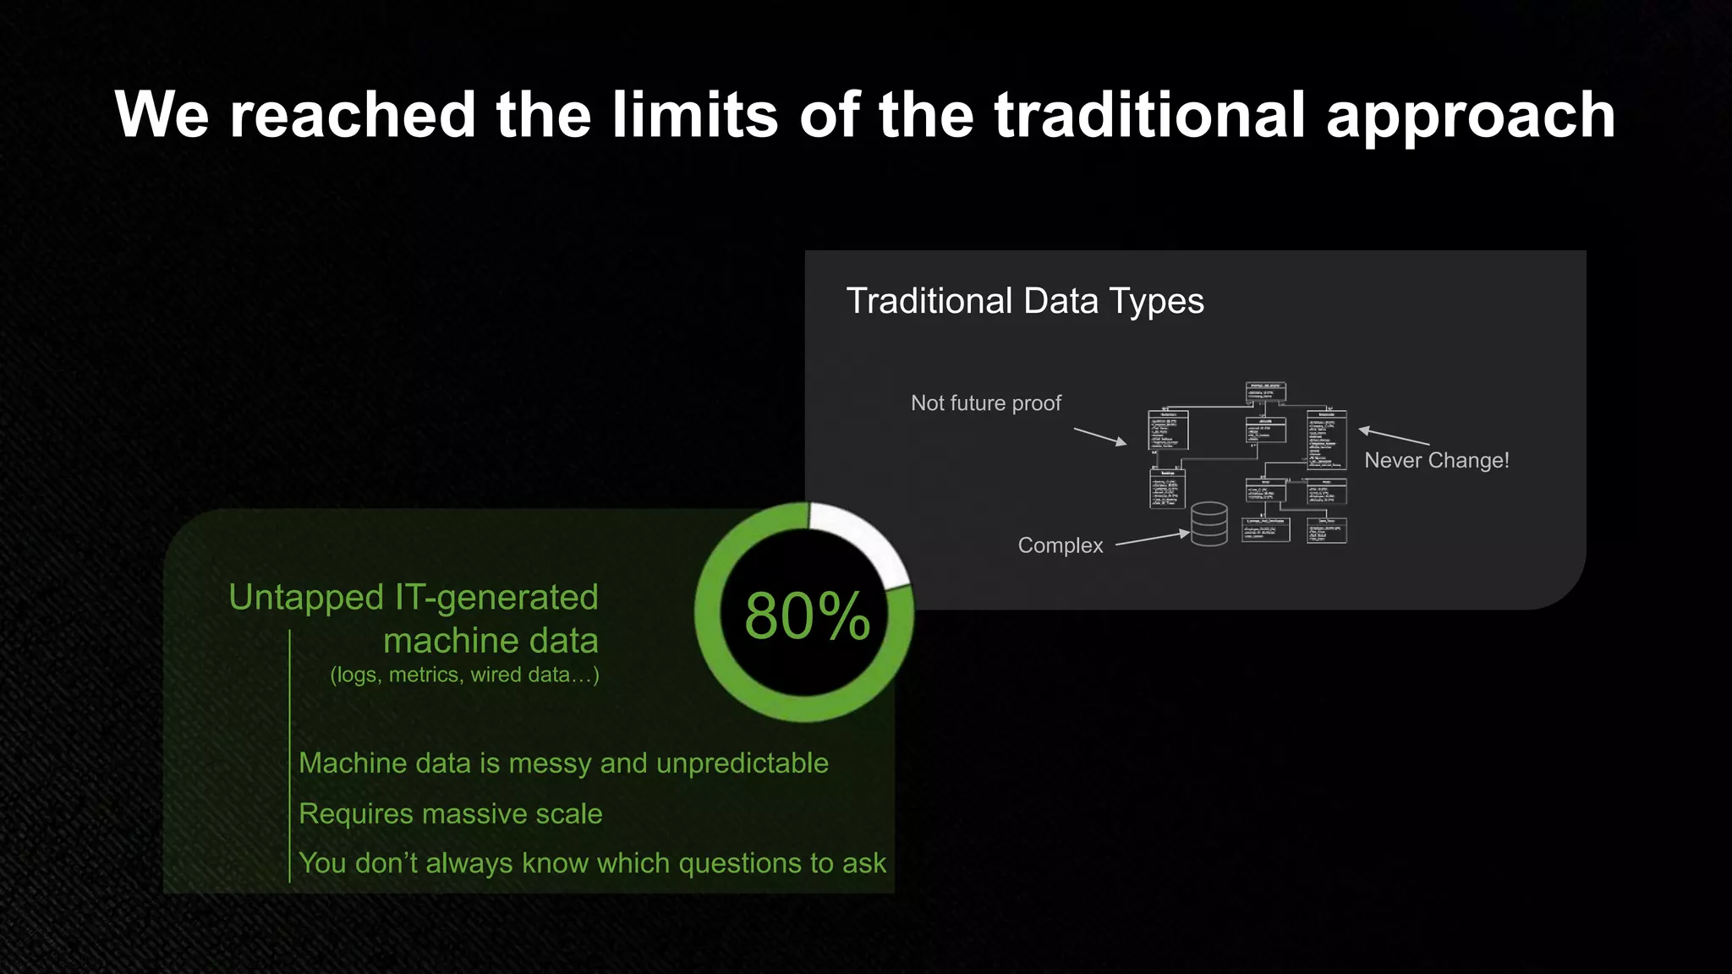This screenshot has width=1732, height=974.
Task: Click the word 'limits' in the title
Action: coord(694,115)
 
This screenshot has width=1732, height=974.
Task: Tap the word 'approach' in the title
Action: coord(1471,117)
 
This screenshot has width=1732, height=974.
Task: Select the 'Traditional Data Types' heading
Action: coord(1025,301)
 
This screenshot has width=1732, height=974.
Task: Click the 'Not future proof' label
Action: coord(985,403)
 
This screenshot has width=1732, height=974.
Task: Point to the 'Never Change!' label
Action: coord(1436,460)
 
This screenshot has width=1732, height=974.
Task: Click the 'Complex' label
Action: coord(1060,545)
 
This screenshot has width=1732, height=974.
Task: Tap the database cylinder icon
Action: coord(1209,524)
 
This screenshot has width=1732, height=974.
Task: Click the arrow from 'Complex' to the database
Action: coord(1152,539)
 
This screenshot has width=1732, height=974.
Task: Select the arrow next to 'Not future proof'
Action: coord(1099,436)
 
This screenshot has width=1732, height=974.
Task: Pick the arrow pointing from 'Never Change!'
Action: coord(1394,436)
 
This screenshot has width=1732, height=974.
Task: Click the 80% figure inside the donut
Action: coord(807,616)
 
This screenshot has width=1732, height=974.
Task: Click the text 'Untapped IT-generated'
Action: coord(414,597)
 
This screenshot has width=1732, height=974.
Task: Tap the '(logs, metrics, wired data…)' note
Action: coord(464,675)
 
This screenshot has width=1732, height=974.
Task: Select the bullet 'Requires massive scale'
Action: coord(450,813)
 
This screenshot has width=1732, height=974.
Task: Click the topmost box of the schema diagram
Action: coord(1265,391)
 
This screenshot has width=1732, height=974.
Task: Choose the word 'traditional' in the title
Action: coord(1149,115)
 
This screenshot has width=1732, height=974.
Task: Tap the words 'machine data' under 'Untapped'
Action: coord(491,640)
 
